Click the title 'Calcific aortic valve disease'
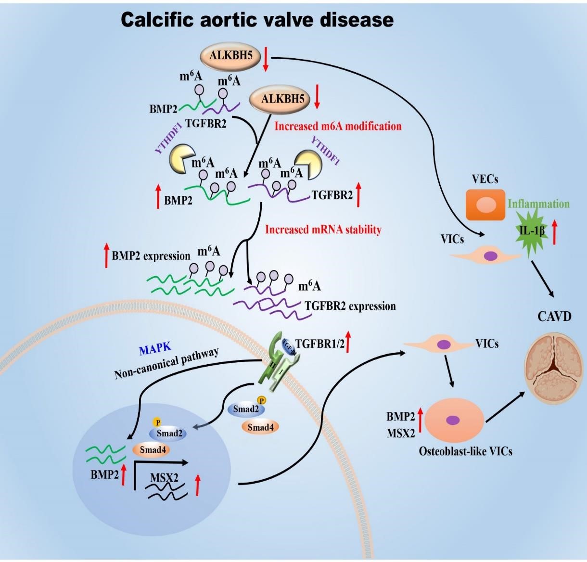257,20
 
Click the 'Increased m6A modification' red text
338,127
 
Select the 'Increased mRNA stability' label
323,230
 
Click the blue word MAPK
155,350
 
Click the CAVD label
554,316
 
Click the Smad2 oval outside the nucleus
246,409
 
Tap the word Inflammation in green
538,204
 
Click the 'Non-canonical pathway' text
166,363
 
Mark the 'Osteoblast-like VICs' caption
465,451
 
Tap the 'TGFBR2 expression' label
350,306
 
